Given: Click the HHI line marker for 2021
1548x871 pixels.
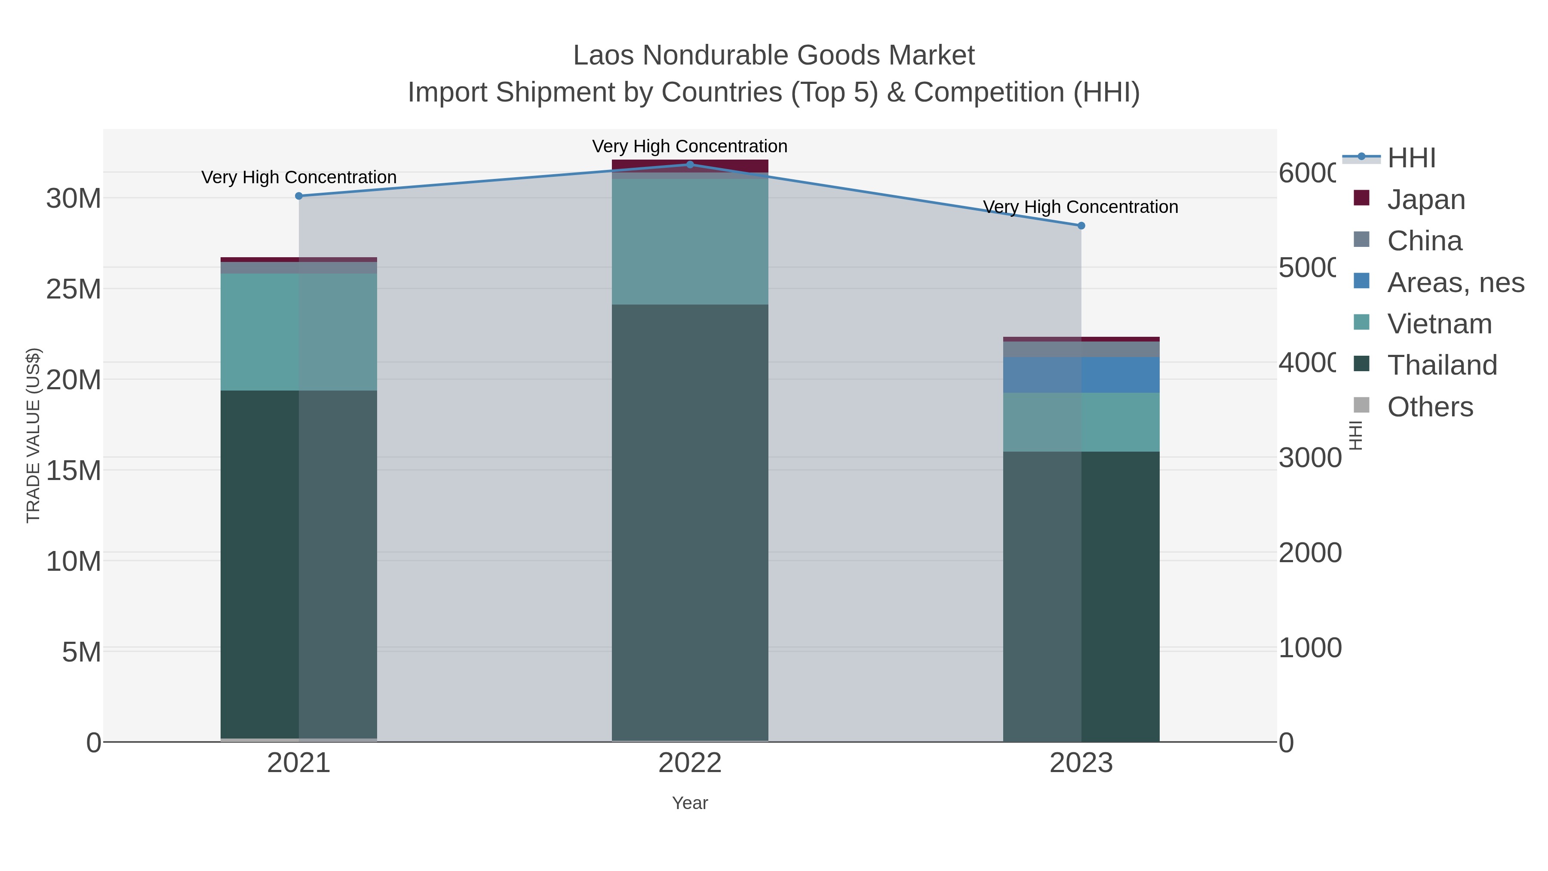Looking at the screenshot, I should [x=299, y=196].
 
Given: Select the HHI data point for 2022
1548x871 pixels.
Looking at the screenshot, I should [x=690, y=164].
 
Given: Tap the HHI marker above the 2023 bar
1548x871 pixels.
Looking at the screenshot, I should [x=1081, y=225].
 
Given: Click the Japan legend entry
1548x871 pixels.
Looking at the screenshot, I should [x=1425, y=200].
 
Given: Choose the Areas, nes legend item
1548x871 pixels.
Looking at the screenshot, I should [x=1455, y=283].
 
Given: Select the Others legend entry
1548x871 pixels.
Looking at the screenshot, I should [x=1430, y=407].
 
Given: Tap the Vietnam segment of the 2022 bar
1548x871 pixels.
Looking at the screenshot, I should [x=690, y=242].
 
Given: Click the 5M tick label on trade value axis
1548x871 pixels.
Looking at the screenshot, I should [x=81, y=652].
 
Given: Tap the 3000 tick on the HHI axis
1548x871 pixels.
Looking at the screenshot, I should [x=1309, y=458].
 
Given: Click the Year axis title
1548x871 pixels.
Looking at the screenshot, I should [x=690, y=803].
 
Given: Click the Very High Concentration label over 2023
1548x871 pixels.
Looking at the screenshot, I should [x=1081, y=207].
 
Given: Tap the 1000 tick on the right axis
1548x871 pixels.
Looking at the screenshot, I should [x=1309, y=649].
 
